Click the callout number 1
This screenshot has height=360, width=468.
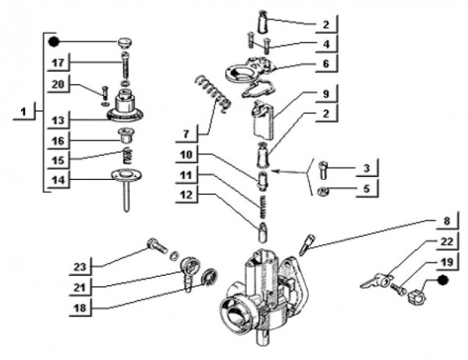(x=24, y=112)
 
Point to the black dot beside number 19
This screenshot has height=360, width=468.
(x=441, y=278)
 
